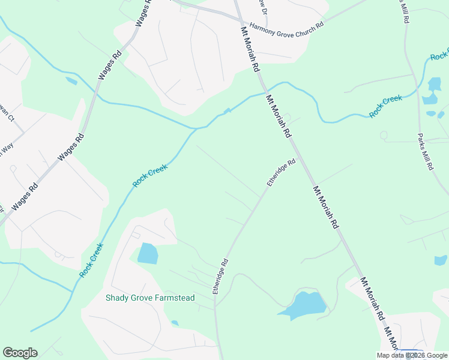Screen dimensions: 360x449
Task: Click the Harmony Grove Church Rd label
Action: click(286, 29)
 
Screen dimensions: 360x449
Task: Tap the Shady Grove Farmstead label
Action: click(150, 298)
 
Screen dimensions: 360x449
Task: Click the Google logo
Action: click(20, 353)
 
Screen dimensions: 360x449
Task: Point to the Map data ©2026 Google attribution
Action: click(412, 355)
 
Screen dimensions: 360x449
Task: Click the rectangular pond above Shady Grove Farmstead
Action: click(148, 253)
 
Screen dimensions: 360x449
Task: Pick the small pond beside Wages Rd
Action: click(71, 80)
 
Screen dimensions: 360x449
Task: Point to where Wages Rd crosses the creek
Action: click(94, 100)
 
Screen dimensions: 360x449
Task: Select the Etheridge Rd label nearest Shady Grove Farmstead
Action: click(220, 276)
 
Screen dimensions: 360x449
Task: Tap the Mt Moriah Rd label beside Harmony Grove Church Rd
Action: click(249, 47)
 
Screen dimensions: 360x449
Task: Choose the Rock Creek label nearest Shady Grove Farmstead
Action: click(91, 260)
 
